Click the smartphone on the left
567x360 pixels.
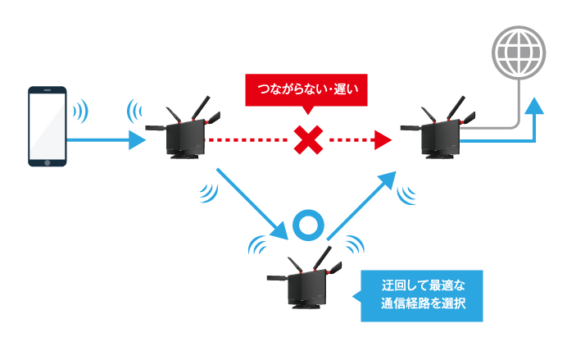[48, 126]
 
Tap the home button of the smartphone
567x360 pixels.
[48, 163]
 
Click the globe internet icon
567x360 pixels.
[519, 52]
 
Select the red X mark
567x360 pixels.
[308, 140]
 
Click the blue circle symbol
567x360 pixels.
[308, 225]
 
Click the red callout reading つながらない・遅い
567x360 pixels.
[306, 90]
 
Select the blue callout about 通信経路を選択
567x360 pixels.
[422, 296]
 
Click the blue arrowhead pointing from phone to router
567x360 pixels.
[137, 140]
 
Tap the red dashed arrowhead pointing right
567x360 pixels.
[383, 140]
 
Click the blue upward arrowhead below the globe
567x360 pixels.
[534, 106]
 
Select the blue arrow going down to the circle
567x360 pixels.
[252, 203]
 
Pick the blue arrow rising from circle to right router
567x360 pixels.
[361, 206]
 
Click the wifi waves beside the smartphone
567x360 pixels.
[80, 111]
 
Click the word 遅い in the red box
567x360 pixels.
[346, 89]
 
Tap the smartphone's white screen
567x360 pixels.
[48, 126]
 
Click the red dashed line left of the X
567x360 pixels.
[247, 140]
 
